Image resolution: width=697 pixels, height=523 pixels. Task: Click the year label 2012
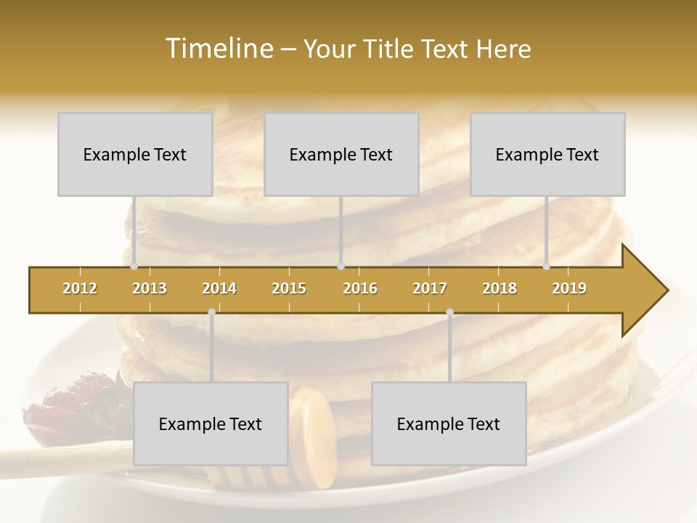coord(80,288)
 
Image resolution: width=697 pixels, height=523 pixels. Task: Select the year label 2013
coord(150,288)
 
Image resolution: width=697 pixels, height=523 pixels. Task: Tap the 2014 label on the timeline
coord(219,288)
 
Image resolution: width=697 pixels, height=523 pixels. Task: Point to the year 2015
coord(289,288)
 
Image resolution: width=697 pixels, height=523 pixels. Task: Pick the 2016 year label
coord(360,288)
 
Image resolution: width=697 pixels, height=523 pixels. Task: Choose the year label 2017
coord(430,288)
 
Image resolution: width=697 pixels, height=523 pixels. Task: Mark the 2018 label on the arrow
coord(500,288)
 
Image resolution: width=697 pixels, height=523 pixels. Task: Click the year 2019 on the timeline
coord(569,288)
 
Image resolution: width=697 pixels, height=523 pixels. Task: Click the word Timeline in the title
coord(217,49)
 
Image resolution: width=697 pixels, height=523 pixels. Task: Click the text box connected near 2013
coord(135,154)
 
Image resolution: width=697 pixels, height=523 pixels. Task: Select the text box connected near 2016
coord(341,154)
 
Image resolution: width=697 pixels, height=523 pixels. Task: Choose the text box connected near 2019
coord(547,154)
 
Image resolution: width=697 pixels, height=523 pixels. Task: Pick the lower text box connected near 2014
coord(211,423)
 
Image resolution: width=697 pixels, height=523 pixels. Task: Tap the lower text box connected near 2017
coord(449,423)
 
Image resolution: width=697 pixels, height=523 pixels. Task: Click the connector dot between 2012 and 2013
coord(134,267)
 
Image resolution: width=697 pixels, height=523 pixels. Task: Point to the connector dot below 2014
coord(211,312)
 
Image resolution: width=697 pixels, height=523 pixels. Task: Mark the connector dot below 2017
coord(449,312)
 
